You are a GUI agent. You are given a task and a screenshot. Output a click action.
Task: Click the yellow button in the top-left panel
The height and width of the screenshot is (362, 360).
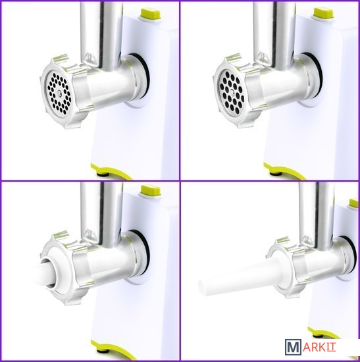[151, 14]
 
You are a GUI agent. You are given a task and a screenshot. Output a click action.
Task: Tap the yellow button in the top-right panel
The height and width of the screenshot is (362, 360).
[324, 14]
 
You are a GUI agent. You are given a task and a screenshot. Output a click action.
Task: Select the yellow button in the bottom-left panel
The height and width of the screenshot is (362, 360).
[151, 191]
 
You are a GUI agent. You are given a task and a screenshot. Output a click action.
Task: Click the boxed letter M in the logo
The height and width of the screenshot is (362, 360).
[293, 346]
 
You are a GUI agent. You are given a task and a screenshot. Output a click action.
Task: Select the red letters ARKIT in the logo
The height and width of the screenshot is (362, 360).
[319, 346]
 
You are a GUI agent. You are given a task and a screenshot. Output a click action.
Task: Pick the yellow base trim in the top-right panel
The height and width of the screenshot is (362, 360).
[284, 171]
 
